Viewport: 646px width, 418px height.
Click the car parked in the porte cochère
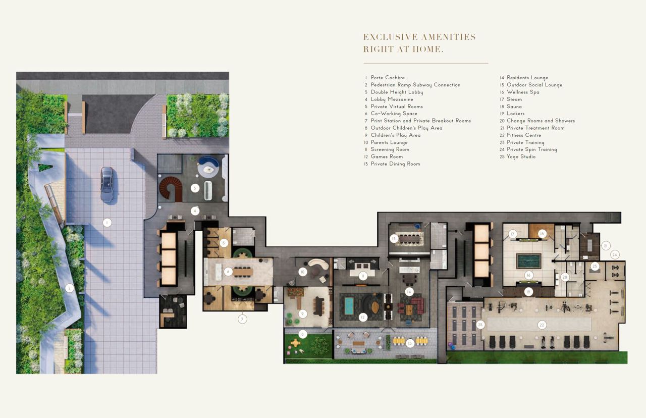(107, 185)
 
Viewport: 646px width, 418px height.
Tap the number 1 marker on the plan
(107, 223)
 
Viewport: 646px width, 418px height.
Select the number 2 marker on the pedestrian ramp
(69, 288)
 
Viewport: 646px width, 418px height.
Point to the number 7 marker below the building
(242, 319)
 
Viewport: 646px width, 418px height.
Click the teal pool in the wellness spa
(528, 261)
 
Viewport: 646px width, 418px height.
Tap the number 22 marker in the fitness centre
(542, 325)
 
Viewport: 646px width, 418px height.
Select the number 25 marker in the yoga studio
(480, 325)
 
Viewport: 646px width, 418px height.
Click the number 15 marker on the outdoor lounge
(410, 343)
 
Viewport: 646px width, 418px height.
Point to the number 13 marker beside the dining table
(394, 239)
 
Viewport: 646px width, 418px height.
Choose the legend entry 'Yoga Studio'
(521, 156)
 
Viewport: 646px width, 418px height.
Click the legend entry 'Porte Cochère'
(388, 78)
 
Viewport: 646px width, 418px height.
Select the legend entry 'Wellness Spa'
(523, 92)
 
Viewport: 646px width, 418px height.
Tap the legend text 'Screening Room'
(390, 149)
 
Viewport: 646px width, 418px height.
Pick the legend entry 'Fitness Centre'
(524, 135)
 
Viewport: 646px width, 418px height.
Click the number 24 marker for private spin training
(615, 255)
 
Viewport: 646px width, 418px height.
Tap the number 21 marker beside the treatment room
(606, 246)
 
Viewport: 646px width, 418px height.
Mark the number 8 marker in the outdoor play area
(302, 335)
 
